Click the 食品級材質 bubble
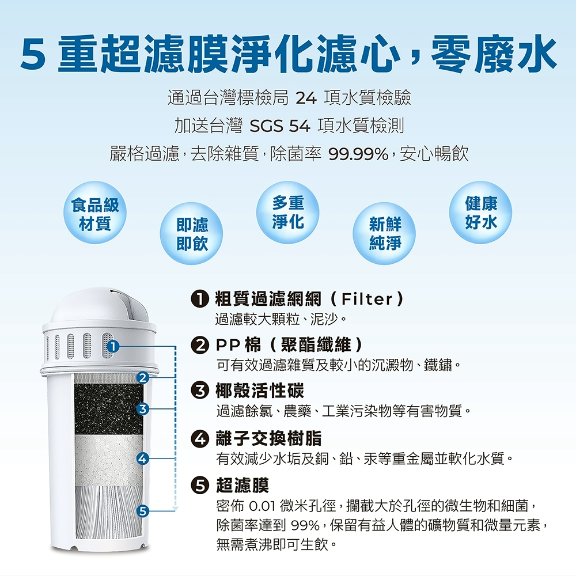[95, 213]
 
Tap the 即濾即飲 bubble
[191, 234]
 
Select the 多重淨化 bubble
[287, 213]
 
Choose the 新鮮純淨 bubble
[384, 234]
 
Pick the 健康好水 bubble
[480, 213]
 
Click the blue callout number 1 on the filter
[113, 346]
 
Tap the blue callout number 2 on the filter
[142, 378]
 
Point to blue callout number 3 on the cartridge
[142, 409]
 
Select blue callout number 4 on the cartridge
[142, 458]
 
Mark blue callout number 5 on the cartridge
[142, 511]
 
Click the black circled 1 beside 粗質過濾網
[200, 299]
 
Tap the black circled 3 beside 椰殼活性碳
[200, 391]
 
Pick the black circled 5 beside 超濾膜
[200, 486]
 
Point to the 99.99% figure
[358, 154]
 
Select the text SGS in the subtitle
[266, 126]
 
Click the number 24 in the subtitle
[306, 98]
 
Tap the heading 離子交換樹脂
[268, 438]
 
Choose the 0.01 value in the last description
[262, 506]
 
